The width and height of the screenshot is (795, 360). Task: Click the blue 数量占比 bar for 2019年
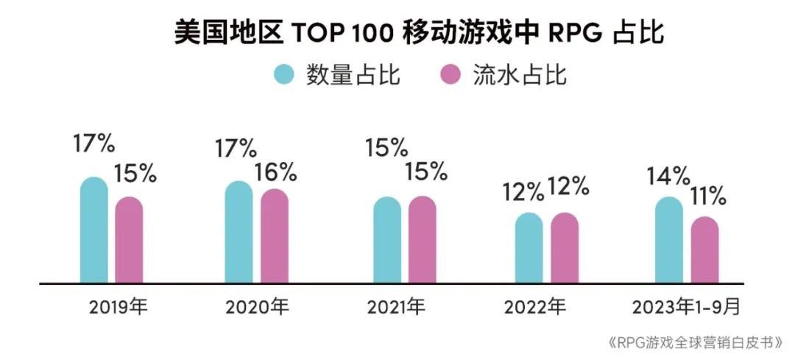click(x=94, y=230)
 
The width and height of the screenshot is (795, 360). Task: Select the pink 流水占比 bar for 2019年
click(x=129, y=240)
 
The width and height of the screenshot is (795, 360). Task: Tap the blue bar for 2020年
click(x=239, y=232)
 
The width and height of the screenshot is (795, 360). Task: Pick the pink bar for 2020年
click(x=275, y=236)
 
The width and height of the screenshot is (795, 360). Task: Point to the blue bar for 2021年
click(x=387, y=240)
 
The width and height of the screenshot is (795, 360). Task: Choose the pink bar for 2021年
click(x=423, y=240)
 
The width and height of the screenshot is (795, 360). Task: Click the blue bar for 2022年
click(x=529, y=248)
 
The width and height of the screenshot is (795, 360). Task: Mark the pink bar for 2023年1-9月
click(x=704, y=250)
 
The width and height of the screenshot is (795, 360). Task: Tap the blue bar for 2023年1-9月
click(x=669, y=240)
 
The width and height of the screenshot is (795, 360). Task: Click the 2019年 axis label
click(x=119, y=306)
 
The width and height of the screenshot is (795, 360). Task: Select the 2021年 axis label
click(x=395, y=306)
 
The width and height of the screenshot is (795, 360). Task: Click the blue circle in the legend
click(x=283, y=75)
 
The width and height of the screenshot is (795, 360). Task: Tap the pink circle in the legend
click(x=450, y=75)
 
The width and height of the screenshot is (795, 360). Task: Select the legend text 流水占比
click(x=520, y=75)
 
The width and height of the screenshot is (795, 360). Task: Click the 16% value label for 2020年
click(x=275, y=172)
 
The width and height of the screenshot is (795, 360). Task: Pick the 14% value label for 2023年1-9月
click(x=668, y=177)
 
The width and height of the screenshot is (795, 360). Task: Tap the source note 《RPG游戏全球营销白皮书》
click(x=695, y=343)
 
